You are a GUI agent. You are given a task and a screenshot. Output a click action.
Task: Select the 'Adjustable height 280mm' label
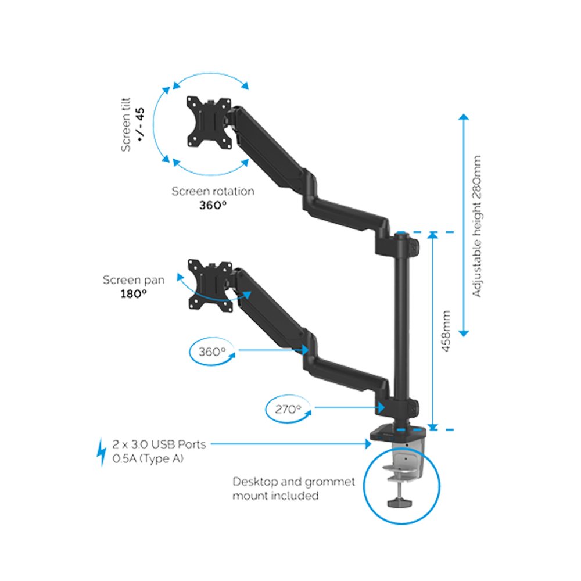click(477, 226)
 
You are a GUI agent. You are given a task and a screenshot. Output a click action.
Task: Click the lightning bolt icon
click(101, 452)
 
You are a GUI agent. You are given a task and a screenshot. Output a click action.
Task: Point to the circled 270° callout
click(288, 409)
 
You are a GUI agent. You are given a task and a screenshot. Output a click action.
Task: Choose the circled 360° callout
click(211, 352)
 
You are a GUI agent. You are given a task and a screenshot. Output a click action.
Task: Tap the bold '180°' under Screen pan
click(134, 294)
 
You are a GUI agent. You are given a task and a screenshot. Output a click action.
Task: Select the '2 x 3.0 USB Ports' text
click(159, 444)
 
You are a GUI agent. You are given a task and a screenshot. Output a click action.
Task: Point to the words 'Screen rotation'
click(213, 191)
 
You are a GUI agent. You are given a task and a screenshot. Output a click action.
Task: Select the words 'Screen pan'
click(134, 280)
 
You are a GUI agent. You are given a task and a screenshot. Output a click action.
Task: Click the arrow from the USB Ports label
click(290, 444)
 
